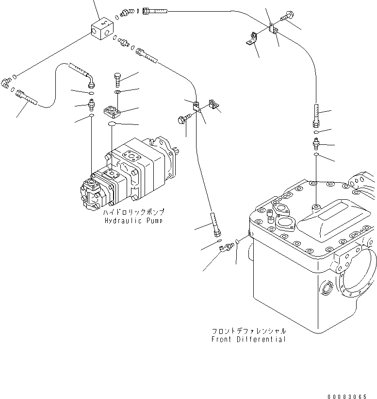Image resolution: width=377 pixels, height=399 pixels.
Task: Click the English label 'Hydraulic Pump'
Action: pyautogui.click(x=133, y=221)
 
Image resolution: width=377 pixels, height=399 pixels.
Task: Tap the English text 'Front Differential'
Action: pyautogui.click(x=248, y=339)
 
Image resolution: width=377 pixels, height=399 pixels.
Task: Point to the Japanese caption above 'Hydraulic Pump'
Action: pyautogui.click(x=133, y=212)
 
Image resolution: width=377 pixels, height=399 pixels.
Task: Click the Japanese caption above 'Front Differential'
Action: pyautogui.click(x=248, y=331)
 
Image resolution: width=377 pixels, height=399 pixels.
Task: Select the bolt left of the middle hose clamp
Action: pyautogui.click(x=184, y=119)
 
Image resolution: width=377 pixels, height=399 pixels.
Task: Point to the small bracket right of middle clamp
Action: pyautogui.click(x=213, y=104)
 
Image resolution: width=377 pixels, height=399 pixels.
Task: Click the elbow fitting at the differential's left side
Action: pyautogui.click(x=224, y=248)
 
